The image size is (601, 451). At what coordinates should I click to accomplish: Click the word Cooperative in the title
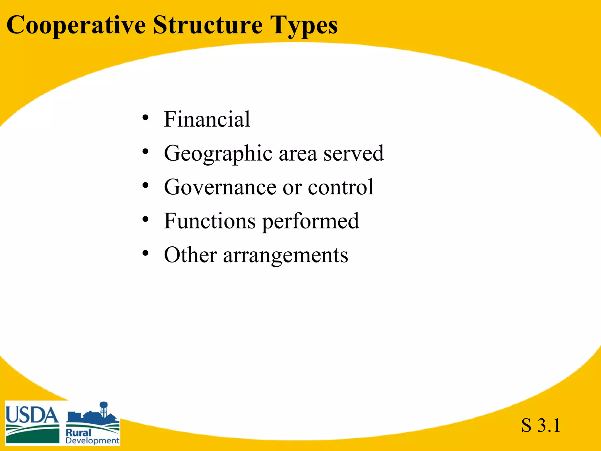tap(76, 26)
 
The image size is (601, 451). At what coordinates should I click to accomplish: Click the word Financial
tap(207, 119)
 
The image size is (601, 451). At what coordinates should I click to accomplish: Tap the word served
tap(353, 154)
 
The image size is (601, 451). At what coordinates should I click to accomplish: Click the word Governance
tap(220, 187)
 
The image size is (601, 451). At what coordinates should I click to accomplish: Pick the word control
tap(341, 187)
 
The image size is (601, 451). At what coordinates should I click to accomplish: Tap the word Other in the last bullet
tap(190, 255)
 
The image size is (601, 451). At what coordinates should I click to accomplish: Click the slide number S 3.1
tap(541, 425)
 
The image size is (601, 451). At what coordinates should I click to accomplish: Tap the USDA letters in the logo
tap(32, 415)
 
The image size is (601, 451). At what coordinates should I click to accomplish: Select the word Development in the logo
tap(92, 441)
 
